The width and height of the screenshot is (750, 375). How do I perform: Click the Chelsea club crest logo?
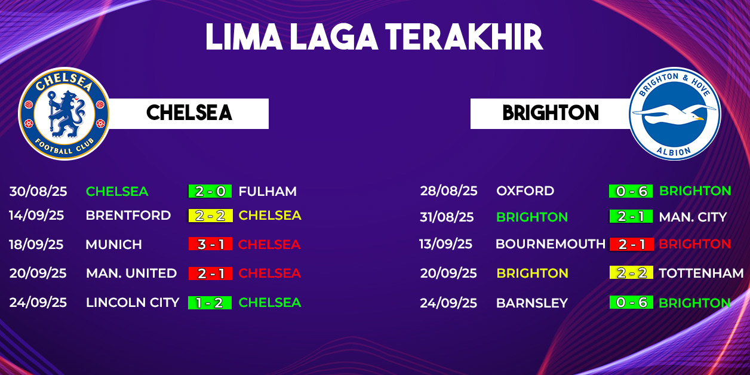(x=64, y=114)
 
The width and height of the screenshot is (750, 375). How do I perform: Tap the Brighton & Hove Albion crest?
(x=675, y=114)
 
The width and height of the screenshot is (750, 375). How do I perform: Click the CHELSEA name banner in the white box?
(x=189, y=113)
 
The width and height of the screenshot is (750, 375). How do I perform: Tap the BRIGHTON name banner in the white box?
(x=551, y=113)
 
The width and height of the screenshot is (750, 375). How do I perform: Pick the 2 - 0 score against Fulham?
(x=210, y=191)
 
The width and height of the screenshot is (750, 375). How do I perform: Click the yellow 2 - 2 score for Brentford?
(x=210, y=216)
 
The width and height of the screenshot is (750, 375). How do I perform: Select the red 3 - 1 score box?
(x=210, y=244)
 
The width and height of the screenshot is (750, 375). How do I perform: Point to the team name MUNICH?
(x=114, y=244)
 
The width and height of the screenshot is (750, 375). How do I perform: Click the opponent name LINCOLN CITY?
(x=133, y=302)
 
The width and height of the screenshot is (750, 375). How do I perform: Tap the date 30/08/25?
(x=38, y=191)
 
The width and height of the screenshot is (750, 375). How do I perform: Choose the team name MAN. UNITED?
(x=131, y=273)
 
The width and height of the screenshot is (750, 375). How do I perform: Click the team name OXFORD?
(x=525, y=191)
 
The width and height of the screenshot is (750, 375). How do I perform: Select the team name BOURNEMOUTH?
(x=551, y=244)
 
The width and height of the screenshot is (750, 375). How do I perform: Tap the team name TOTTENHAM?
(x=701, y=273)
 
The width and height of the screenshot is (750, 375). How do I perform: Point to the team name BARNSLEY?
(x=532, y=303)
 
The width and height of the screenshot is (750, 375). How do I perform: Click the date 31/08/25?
(x=447, y=217)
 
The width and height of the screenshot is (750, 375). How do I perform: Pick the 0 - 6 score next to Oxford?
(x=631, y=191)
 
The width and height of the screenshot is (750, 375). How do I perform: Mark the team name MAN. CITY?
(x=693, y=217)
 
